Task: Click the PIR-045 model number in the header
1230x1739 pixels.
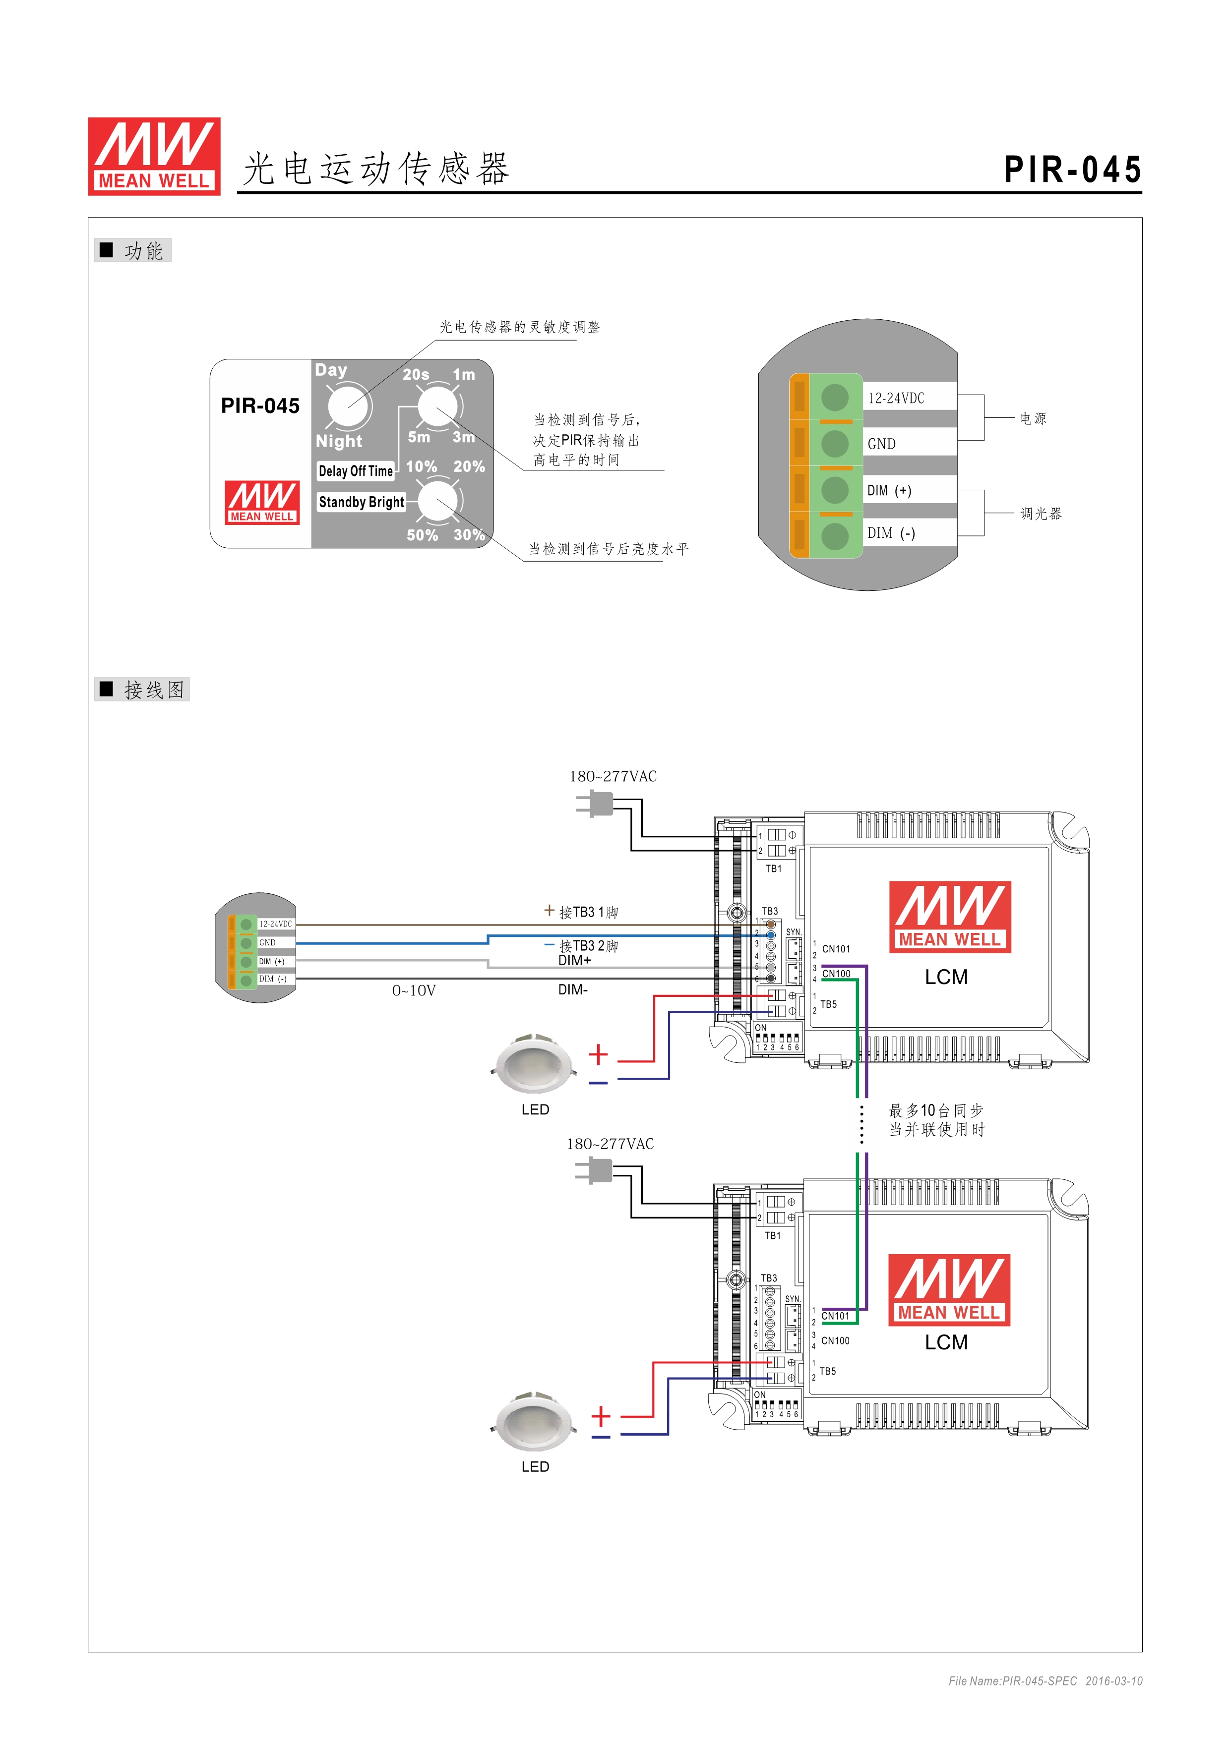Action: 1072,170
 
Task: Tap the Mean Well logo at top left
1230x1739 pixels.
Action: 154,156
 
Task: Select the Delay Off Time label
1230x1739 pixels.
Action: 356,471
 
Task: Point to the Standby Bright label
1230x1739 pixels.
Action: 361,502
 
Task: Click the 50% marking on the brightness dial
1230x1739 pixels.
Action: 422,535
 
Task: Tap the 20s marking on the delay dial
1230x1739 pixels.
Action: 416,374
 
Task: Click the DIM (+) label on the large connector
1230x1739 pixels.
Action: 889,491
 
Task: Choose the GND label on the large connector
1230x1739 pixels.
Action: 881,444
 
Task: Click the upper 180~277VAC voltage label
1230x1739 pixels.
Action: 613,776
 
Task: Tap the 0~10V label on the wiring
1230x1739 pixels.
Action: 414,990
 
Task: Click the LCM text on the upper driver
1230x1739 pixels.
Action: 946,977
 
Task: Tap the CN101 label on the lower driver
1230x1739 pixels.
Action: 835,1316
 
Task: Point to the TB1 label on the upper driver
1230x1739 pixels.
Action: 773,869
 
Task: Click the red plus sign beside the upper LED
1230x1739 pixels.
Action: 598,1054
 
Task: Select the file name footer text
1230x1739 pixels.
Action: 1045,1681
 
